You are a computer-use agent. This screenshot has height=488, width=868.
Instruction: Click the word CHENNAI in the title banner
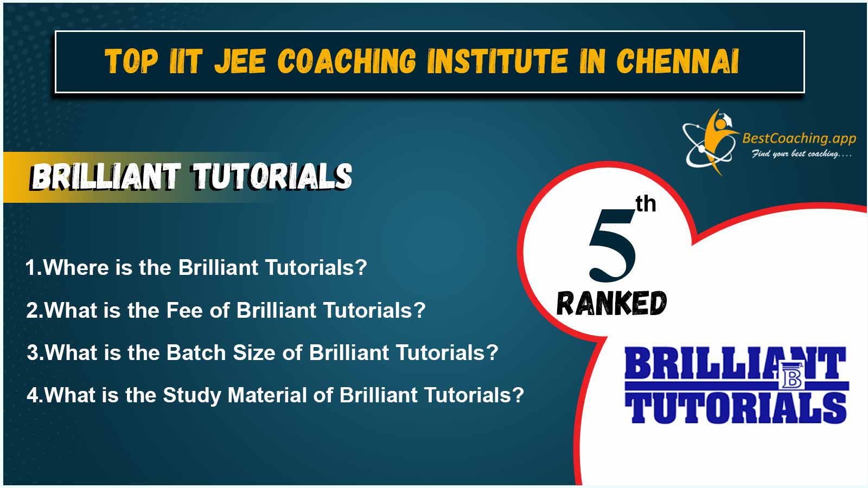coord(678,61)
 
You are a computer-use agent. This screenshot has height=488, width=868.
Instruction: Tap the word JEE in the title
coord(240,61)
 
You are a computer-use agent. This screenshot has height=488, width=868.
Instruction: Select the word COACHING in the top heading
coord(347,61)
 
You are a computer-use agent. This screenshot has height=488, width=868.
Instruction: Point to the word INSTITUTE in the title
coord(497,61)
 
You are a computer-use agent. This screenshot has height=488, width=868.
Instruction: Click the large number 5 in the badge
coord(613,246)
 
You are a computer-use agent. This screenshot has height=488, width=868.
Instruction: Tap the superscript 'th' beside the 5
coord(646,204)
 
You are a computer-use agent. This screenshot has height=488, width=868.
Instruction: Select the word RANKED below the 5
coord(611,303)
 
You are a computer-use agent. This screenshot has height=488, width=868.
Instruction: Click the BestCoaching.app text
coord(799,139)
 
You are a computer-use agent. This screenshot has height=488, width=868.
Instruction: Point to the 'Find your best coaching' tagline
coord(802,154)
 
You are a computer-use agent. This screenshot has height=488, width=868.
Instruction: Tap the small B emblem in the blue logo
coord(792,375)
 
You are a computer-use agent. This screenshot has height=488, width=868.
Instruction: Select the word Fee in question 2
coord(184,310)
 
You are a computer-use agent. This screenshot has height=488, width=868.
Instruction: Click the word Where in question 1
coord(76,268)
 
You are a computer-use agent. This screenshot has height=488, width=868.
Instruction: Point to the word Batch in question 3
coord(196,353)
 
